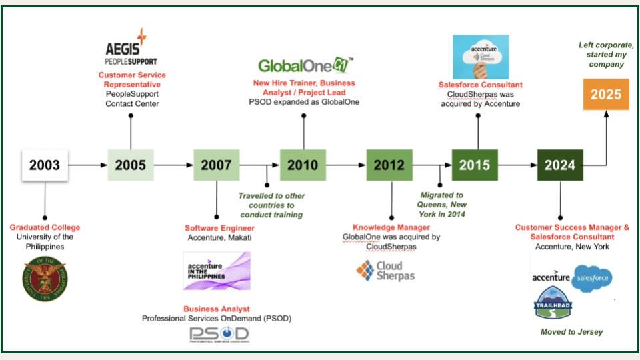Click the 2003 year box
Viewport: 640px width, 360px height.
tap(45, 165)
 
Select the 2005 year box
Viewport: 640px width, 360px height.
tap(131, 165)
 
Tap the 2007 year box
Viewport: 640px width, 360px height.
tap(217, 165)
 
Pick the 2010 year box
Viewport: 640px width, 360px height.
tap(303, 165)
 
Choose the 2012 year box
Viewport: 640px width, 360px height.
tap(389, 165)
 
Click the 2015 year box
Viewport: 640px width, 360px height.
tap(475, 165)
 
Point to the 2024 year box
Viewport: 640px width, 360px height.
tap(561, 165)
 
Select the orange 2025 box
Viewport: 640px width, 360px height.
tap(606, 94)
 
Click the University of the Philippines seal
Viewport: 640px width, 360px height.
tap(45, 278)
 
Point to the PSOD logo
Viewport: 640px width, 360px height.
tap(219, 335)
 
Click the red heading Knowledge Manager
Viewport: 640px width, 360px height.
tap(390, 228)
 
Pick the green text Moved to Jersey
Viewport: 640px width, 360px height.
tap(571, 331)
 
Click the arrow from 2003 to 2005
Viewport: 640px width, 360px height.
tap(87, 165)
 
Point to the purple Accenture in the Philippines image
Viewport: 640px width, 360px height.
tap(217, 271)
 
